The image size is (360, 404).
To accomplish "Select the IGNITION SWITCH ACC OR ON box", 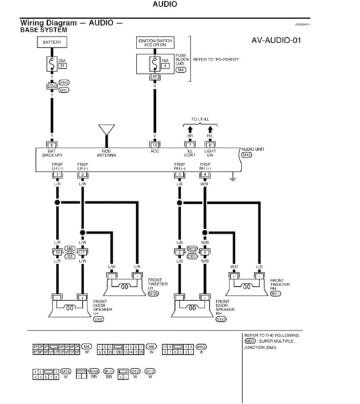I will [155, 42].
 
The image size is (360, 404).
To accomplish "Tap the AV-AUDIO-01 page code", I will [276, 40].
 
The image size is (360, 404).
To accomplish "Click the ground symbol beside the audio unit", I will [231, 178].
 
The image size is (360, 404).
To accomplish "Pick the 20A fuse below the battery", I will [52, 65].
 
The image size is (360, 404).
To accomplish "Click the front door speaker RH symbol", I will [190, 306].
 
